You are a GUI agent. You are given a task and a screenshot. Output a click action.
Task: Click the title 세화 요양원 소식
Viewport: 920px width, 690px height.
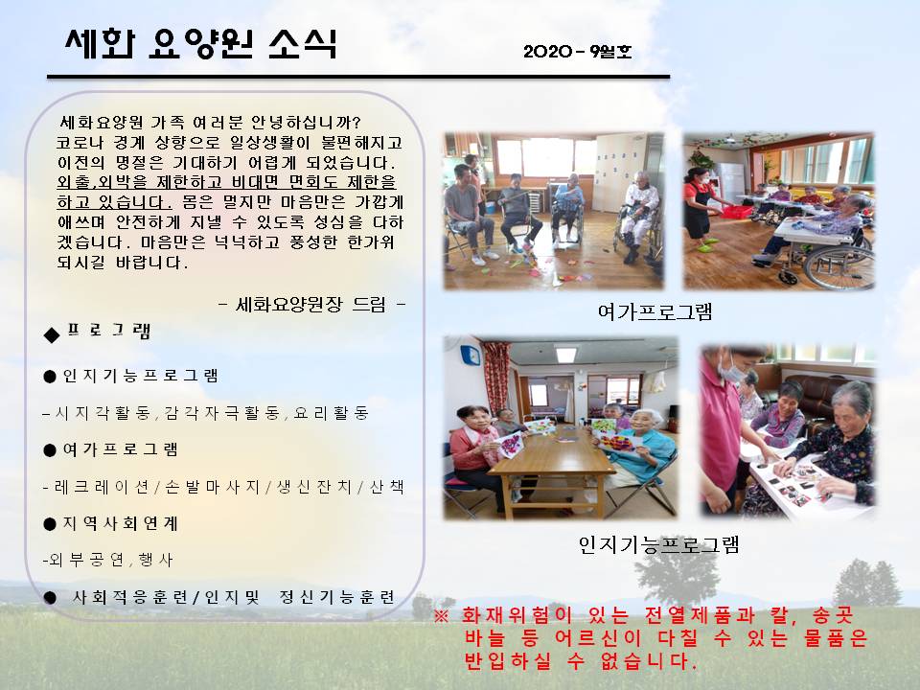click(x=201, y=43)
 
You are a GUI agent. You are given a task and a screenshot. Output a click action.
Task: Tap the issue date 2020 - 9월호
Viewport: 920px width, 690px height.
click(x=577, y=52)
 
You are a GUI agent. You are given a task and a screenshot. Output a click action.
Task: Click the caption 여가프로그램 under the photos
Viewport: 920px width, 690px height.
click(x=655, y=311)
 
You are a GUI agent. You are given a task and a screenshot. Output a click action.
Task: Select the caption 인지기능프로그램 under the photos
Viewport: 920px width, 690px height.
click(x=658, y=544)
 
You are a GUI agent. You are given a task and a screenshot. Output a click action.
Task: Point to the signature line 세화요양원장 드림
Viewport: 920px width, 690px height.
click(x=310, y=304)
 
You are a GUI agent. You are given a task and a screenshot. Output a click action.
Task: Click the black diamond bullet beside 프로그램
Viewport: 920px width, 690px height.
click(x=52, y=335)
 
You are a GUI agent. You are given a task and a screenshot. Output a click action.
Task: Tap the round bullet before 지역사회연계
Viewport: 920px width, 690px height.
click(x=50, y=524)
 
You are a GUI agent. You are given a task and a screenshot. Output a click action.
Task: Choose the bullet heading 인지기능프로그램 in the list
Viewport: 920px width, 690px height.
click(x=140, y=376)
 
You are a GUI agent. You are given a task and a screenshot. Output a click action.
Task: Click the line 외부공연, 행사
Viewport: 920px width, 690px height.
click(x=108, y=560)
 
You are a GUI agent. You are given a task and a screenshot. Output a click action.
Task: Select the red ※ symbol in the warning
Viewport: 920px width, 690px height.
click(x=441, y=616)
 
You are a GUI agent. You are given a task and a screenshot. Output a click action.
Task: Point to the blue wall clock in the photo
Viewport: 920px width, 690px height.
click(x=470, y=356)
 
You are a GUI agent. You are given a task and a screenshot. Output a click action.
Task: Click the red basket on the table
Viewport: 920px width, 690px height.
click(x=736, y=211)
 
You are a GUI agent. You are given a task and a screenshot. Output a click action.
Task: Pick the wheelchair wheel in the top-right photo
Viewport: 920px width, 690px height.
click(x=839, y=267)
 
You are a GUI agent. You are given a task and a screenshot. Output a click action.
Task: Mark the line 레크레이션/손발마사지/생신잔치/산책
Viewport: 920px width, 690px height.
click(x=223, y=487)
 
